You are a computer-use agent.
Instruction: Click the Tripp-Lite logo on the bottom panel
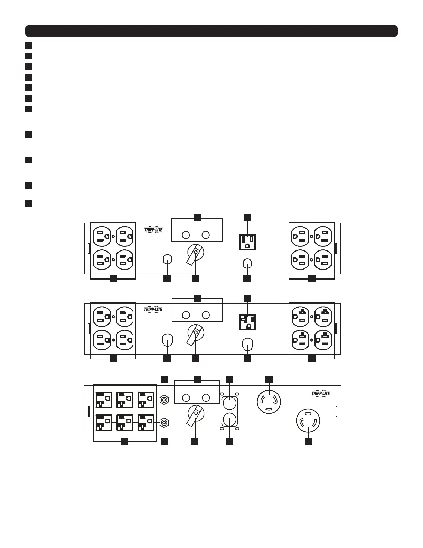click(321, 394)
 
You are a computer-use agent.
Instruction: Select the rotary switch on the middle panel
click(195, 333)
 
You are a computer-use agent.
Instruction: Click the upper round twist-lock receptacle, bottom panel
click(269, 402)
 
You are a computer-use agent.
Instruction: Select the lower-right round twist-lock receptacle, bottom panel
click(308, 421)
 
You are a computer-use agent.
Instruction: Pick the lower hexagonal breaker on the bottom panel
click(164, 422)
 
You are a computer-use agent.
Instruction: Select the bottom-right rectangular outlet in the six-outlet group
click(146, 422)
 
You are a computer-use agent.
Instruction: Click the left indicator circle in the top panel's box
click(186, 235)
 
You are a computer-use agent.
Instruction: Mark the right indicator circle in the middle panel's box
click(206, 315)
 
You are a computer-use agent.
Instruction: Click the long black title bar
click(211, 31)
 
